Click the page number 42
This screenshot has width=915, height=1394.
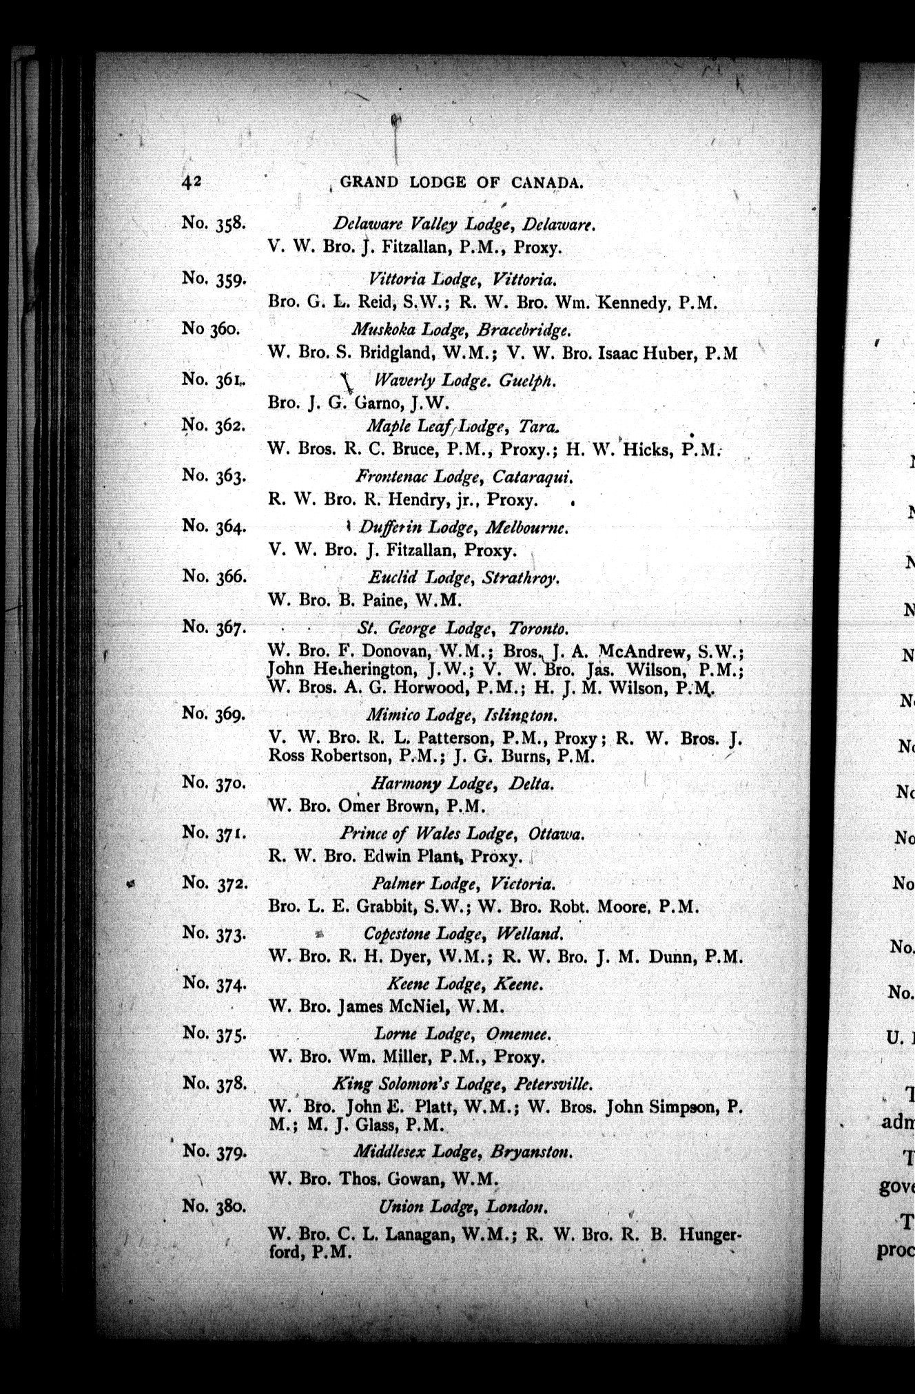[x=191, y=181]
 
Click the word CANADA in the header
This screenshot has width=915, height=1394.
[x=548, y=183]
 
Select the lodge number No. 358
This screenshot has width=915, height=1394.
[x=214, y=223]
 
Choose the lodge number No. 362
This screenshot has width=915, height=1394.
[x=214, y=425]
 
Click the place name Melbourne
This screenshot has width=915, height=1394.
[x=526, y=528]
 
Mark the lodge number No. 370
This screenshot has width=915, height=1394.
[x=214, y=782]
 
